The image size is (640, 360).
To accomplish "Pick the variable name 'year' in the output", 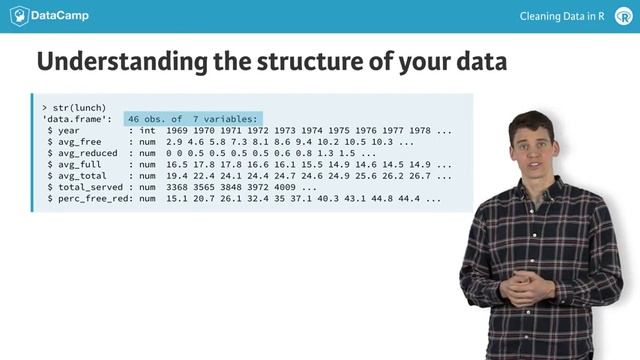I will [68, 131].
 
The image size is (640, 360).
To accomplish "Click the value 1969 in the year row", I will [178, 131].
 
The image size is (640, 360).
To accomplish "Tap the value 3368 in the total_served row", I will [178, 187].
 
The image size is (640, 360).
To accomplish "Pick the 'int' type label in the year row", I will [148, 131].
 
